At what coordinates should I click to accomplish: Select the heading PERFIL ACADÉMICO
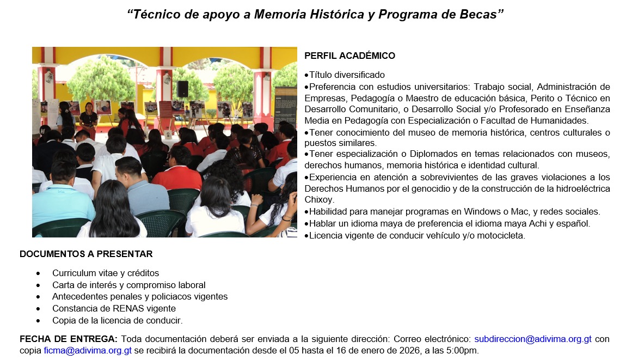coord(349,56)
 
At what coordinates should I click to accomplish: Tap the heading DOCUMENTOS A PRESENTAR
coord(86,254)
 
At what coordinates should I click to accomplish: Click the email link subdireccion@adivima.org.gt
coord(533,339)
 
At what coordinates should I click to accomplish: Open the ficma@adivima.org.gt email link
coord(88,351)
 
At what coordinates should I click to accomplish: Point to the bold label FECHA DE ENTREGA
coord(68,339)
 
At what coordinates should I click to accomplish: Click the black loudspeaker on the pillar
coord(182,88)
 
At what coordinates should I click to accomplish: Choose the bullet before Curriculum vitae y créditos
coord(38,273)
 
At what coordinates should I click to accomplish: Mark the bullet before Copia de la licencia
coord(38,321)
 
